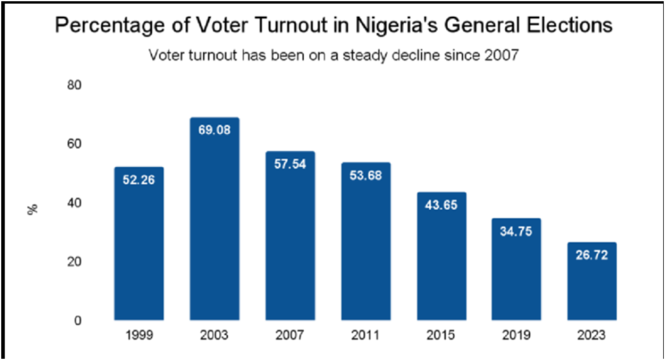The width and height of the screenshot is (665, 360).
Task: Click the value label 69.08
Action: click(x=214, y=129)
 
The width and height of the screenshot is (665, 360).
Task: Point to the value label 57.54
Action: click(x=290, y=163)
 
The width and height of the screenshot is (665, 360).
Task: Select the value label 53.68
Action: click(x=366, y=174)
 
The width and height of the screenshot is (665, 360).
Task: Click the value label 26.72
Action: click(x=591, y=254)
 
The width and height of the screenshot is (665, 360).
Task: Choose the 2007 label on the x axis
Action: click(x=290, y=336)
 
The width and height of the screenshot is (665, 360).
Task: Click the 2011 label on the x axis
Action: click(x=366, y=336)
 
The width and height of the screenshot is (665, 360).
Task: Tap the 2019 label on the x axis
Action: click(x=516, y=336)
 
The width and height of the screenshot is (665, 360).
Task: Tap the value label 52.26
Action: click(x=138, y=179)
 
